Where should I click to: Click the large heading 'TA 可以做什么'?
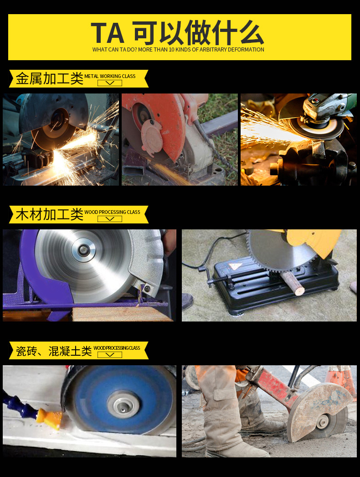(178, 32)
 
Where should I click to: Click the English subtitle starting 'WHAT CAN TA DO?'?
(178, 50)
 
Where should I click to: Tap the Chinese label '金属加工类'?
(50, 78)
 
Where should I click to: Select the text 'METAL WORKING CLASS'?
(110, 76)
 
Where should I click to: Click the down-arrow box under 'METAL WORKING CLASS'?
(110, 83)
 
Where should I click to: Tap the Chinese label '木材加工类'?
(50, 214)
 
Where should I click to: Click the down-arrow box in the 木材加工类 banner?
(110, 219)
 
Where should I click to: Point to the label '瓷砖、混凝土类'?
(53, 351)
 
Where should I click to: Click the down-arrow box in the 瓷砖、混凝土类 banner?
(110, 355)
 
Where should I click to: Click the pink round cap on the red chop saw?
(152, 137)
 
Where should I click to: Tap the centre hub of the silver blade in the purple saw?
(83, 250)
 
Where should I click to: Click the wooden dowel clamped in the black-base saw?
(293, 283)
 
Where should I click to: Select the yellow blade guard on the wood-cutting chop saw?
(313, 241)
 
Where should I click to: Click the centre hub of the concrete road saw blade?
(323, 421)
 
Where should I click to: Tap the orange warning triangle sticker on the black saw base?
(235, 267)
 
